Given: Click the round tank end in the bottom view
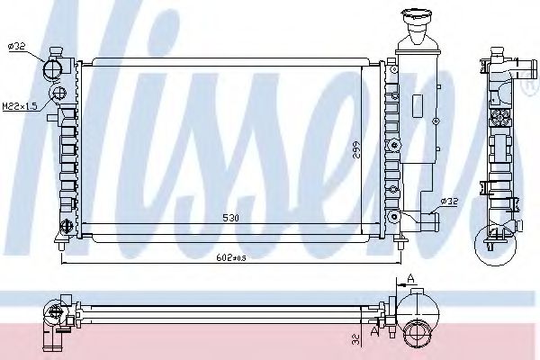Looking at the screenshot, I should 418,332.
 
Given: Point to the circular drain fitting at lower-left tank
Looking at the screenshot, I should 66,225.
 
